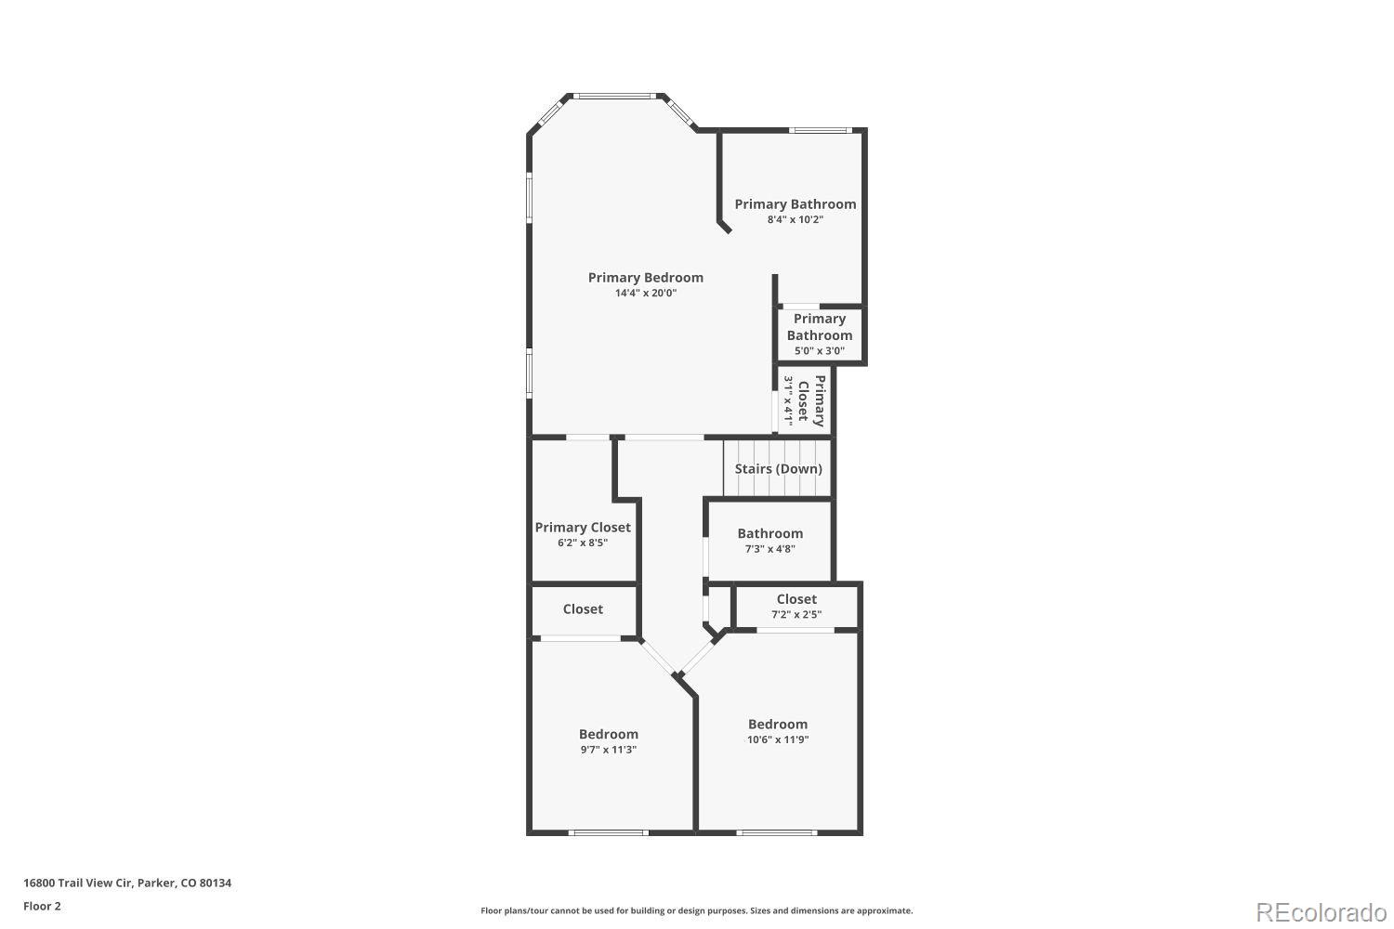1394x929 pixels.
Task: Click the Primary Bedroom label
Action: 645,278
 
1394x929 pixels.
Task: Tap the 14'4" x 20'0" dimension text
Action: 645,294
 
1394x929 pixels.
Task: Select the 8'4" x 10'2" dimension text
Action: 795,220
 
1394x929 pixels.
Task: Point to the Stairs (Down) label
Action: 778,469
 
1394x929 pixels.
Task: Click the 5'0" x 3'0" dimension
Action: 819,351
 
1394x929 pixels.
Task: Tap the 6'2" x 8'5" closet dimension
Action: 583,543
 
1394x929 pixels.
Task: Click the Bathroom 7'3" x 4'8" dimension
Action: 769,549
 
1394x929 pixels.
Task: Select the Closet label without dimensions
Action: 583,609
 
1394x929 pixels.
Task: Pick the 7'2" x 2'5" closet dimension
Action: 796,614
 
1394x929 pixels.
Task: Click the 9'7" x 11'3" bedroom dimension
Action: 609,750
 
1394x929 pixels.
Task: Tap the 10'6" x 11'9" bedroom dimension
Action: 778,740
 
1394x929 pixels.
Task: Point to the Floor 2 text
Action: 42,906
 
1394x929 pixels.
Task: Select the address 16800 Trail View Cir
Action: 127,883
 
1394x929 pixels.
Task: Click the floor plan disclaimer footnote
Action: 696,911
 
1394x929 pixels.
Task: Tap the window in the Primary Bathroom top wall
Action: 820,130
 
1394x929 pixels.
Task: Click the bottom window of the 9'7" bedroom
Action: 609,832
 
